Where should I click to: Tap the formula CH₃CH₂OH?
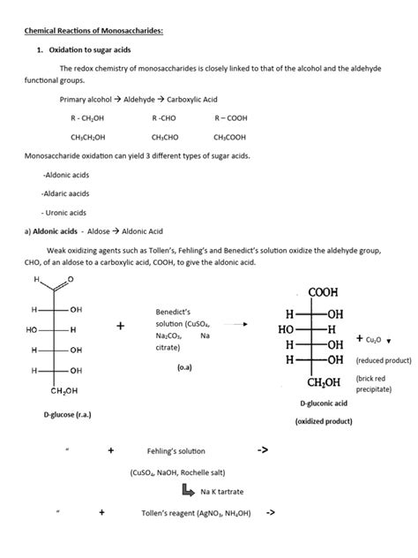point(89,137)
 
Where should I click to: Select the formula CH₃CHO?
point(165,137)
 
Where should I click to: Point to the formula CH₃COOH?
point(231,137)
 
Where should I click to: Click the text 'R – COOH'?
point(231,117)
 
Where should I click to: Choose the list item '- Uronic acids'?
point(64,212)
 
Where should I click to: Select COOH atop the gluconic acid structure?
point(323,292)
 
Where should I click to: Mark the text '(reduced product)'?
point(384,360)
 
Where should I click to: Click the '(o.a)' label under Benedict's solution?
point(186,366)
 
